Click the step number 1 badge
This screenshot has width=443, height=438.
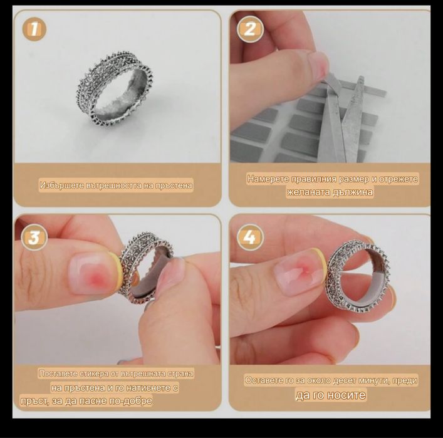[x=34, y=29]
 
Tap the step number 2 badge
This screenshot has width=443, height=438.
[x=250, y=29]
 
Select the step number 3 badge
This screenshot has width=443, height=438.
[x=34, y=237]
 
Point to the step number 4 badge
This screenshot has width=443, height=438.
[x=250, y=237]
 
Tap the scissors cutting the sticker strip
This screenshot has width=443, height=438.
[x=343, y=118]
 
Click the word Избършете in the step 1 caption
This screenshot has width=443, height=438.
[x=62, y=185]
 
